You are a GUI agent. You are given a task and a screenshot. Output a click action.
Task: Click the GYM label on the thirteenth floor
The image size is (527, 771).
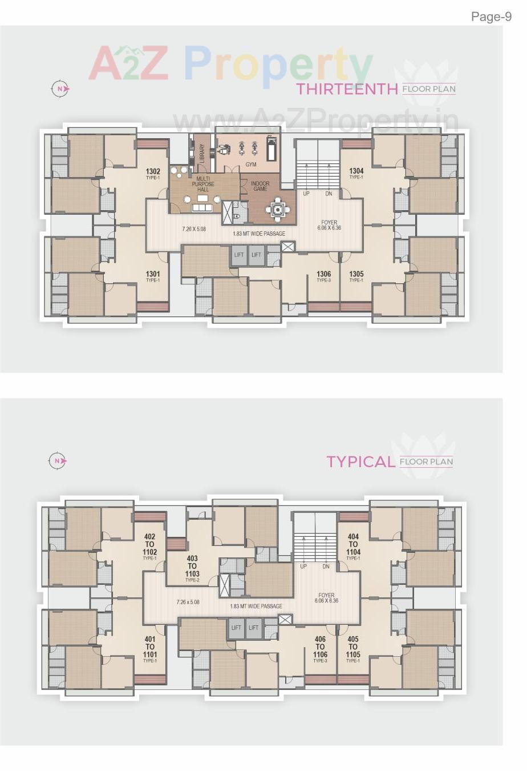pyautogui.click(x=251, y=164)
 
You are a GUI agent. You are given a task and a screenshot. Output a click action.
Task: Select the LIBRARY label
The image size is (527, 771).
pyautogui.click(x=201, y=153)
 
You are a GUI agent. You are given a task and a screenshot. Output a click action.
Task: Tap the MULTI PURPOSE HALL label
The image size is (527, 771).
pyautogui.click(x=203, y=184)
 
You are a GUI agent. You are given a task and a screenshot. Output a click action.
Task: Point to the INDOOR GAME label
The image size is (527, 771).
pyautogui.click(x=260, y=186)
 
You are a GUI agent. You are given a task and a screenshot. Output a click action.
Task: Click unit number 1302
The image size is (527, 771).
pyautogui.click(x=153, y=171)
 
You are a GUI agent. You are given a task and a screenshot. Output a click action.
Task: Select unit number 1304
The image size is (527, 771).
pyautogui.click(x=356, y=171)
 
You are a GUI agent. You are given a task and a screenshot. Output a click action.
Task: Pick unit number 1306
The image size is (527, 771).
pyautogui.click(x=323, y=274)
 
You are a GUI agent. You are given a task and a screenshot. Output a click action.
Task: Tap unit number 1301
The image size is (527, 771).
pyautogui.click(x=152, y=274)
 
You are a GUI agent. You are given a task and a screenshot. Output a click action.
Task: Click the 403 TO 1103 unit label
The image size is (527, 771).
pyautogui.click(x=192, y=566)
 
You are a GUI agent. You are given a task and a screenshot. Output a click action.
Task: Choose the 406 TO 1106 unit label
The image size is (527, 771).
pyautogui.click(x=320, y=647)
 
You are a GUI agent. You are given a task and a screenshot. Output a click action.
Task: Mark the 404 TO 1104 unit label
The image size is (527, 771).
pyautogui.click(x=353, y=544)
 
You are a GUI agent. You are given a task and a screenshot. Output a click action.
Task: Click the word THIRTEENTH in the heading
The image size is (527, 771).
pyautogui.click(x=347, y=89)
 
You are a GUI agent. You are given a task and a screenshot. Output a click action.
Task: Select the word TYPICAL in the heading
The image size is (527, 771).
pyautogui.click(x=360, y=461)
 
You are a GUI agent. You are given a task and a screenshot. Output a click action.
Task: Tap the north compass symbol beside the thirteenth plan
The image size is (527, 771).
pyautogui.click(x=60, y=89)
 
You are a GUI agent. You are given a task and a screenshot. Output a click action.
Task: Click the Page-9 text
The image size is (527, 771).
pyautogui.click(x=491, y=17)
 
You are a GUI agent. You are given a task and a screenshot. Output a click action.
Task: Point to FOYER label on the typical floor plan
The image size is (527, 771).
pyautogui.click(x=326, y=595)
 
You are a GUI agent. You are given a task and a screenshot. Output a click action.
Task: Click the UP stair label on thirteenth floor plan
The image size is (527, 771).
pyautogui.click(x=306, y=194)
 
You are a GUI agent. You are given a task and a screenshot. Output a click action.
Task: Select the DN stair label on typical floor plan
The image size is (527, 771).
pyautogui.click(x=326, y=567)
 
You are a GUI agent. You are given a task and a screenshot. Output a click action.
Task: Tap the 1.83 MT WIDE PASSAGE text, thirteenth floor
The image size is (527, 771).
pyautogui.click(x=259, y=234)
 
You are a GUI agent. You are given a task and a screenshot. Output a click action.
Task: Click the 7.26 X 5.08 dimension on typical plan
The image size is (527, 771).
pyautogui.click(x=188, y=602)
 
